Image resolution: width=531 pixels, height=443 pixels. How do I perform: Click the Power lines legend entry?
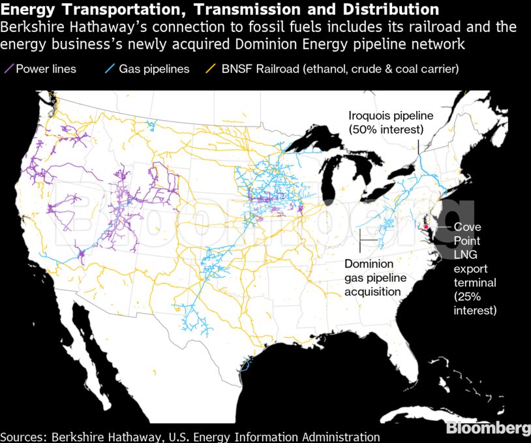point(46,69)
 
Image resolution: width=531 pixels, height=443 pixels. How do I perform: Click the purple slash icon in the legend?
point(10,69)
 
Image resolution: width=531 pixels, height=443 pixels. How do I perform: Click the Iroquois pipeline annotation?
point(390,123)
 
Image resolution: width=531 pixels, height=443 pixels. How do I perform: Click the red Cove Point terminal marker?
point(425,227)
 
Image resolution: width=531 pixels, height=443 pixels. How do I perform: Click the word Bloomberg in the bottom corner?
point(487,428)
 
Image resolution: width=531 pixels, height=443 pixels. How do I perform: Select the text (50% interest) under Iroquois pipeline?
point(390,130)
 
